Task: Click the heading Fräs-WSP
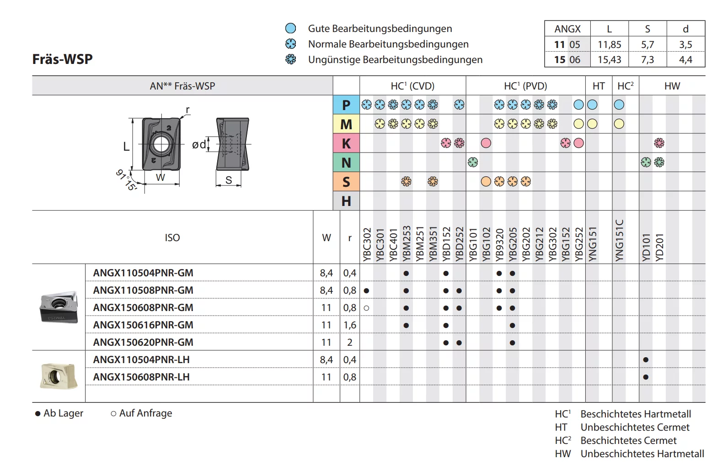point(63,59)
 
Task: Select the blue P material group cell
point(346,105)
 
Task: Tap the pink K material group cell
point(346,143)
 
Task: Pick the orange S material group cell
point(346,182)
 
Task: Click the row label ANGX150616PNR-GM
point(143,325)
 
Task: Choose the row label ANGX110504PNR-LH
point(141,360)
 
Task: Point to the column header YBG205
point(513,244)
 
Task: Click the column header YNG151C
point(619,240)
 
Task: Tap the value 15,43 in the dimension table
point(610,60)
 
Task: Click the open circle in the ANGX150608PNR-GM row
point(366,308)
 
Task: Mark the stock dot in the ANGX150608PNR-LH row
point(646,377)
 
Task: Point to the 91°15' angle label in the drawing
point(126,180)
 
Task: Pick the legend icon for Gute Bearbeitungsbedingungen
point(290,28)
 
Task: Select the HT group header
point(599,86)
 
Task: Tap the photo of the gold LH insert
point(58,376)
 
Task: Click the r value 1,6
point(350,325)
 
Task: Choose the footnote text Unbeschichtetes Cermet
point(635,427)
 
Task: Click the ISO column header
point(172,237)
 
